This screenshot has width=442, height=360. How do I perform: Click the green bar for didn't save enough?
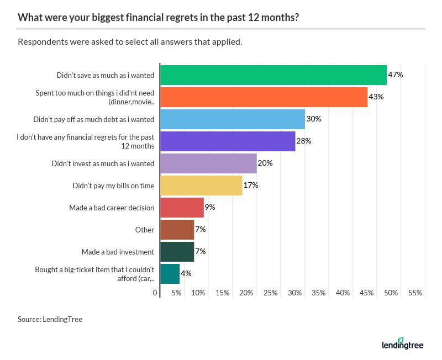273,75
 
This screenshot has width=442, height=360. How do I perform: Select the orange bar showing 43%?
264,97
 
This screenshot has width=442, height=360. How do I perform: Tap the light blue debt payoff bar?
232,119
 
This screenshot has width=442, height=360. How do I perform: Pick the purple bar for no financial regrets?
227,141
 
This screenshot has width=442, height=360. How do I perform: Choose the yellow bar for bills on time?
201,186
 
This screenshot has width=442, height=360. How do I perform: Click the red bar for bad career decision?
182,208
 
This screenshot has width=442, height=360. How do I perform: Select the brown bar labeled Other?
177,230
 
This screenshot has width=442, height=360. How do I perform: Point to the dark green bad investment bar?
177,252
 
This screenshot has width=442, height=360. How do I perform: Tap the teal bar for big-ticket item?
170,274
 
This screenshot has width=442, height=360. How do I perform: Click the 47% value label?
395,75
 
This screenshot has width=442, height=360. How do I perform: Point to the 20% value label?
265,163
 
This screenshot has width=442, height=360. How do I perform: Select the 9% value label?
209,208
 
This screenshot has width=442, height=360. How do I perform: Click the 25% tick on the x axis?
271,293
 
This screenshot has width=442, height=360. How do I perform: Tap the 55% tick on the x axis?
415,293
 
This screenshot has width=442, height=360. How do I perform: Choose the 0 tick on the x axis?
155,293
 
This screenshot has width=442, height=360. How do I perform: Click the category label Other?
145,230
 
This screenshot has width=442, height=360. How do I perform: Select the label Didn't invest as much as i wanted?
103,163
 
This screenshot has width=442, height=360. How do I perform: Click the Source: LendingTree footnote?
50,319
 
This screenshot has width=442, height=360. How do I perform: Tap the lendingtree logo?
402,345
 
